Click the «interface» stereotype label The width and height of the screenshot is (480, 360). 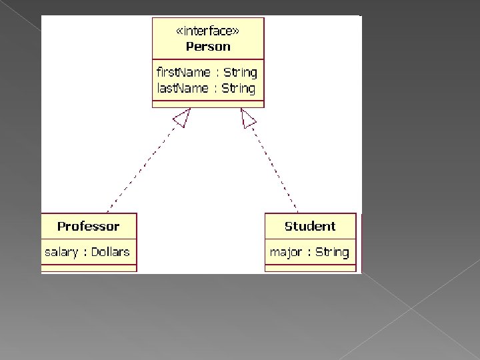[x=208, y=31]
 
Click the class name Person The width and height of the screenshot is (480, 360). [x=208, y=47]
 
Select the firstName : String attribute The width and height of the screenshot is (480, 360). [x=206, y=72]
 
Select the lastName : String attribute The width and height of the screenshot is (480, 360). [x=206, y=88]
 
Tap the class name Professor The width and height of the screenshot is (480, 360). [x=88, y=226]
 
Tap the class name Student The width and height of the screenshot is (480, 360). [x=310, y=226]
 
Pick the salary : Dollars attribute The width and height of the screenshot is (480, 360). [x=87, y=252]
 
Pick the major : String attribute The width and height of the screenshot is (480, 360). [x=309, y=252]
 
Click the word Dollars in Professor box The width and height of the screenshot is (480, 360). [x=110, y=252]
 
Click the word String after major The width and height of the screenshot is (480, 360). [x=332, y=252]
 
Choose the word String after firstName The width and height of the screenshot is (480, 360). [x=240, y=72]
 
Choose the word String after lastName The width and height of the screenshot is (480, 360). [x=239, y=88]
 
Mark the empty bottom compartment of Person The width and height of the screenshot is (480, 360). [x=208, y=103]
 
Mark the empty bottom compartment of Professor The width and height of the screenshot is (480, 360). [x=89, y=268]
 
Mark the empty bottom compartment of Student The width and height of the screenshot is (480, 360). [x=310, y=268]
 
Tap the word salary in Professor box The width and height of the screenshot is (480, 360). [x=60, y=252]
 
